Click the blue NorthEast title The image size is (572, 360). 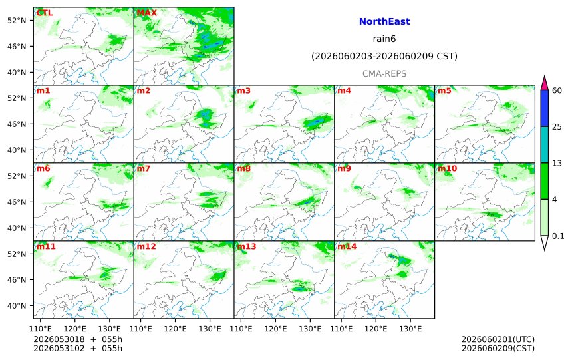tap(384, 21)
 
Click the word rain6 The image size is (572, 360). tap(384, 39)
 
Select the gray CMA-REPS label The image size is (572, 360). tap(384, 74)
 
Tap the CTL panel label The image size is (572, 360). tap(45, 13)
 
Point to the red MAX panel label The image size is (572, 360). tap(146, 13)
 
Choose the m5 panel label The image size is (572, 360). tap(444, 90)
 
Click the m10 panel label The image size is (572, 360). tap(447, 168)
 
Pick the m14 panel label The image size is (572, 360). tap(347, 246)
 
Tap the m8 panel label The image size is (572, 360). tap(244, 168)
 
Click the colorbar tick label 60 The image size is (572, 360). tap(557, 90)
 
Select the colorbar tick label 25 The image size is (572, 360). tap(557, 127)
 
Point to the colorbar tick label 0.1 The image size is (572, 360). tap(558, 236)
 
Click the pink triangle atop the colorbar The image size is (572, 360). tap(544, 84)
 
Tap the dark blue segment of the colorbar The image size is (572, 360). tap(544, 108)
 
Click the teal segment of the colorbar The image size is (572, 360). tap(544, 144)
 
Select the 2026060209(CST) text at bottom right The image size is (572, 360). tap(498, 348)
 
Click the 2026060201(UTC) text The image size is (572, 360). tap(498, 339)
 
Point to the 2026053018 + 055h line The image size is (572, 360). tap(78, 339)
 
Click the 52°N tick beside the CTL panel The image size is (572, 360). tap(17, 21)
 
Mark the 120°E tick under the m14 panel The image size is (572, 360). tap(376, 329)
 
